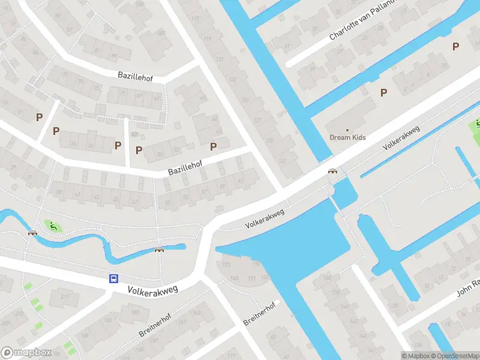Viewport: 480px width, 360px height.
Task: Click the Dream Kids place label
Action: (x=347, y=137)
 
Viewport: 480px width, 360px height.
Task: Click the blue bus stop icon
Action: (x=113, y=278)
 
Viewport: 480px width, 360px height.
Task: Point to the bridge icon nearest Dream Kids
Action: (x=332, y=171)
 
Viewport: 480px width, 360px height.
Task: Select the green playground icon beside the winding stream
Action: (x=53, y=226)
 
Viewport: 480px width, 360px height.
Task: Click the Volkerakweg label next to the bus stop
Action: (x=154, y=289)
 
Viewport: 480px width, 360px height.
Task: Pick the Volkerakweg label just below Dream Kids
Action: (x=401, y=137)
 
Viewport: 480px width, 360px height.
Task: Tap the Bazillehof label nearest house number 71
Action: (x=136, y=75)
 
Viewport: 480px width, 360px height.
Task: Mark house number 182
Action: (x=136, y=312)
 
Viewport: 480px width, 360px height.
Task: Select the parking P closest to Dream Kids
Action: (x=383, y=92)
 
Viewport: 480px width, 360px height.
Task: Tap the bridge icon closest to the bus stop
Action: (x=159, y=250)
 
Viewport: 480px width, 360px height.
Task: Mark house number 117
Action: (x=195, y=18)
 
